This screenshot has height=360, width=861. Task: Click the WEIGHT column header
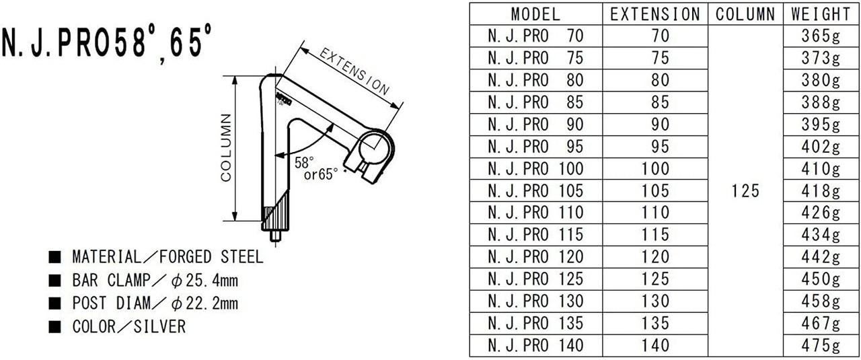click(821, 13)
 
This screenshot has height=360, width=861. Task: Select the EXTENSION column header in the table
click(654, 13)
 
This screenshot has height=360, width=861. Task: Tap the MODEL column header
click(535, 13)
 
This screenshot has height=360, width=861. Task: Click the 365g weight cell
click(821, 36)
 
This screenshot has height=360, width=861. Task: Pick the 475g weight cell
click(821, 346)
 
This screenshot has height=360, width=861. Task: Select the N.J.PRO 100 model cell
click(535, 169)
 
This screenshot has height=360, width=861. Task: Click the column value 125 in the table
click(745, 191)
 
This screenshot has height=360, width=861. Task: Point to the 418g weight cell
click(821, 191)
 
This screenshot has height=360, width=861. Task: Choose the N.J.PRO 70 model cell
click(535, 36)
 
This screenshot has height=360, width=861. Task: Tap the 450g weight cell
click(821, 279)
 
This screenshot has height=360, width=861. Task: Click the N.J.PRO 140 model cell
click(535, 346)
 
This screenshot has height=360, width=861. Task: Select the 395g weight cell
click(821, 124)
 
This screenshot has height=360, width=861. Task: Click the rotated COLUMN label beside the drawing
click(227, 148)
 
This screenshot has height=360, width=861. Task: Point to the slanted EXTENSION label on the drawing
click(354, 71)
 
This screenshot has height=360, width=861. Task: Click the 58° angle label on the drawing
click(304, 161)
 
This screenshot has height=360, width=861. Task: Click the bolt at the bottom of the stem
click(276, 236)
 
